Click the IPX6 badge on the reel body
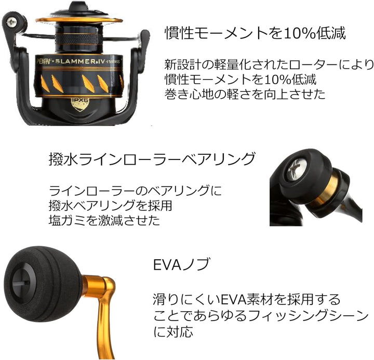pos(80,104)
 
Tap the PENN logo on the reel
pos(44,62)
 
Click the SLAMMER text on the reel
pos(75,61)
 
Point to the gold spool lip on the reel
pos(79,20)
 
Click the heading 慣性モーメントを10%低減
pos(255,33)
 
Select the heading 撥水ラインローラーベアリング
pos(152,158)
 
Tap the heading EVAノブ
pos(182,264)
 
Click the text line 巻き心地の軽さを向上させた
pos(245,94)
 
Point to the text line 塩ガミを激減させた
pos(104,220)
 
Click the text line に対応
pos(173,331)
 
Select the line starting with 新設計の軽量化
pos(269,64)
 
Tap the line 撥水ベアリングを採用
pos(110,205)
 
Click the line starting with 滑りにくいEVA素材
pos(247,300)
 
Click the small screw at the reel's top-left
pos(11,22)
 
